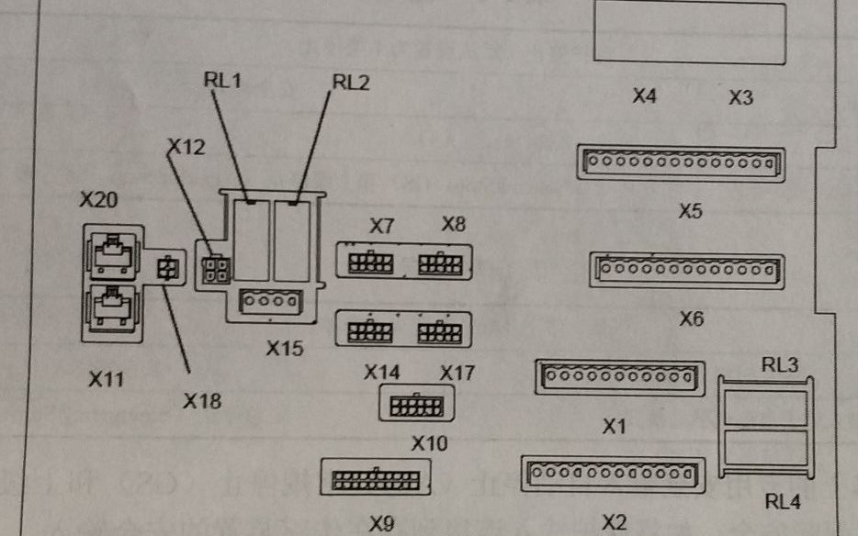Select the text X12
[x=186, y=146]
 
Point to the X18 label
[x=201, y=400]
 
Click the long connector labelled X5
[x=680, y=163]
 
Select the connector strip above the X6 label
[x=686, y=270]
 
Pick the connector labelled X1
[x=619, y=376]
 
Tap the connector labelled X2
[x=613, y=474]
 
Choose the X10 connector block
[x=416, y=405]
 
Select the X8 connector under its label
[x=439, y=264]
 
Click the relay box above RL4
[x=765, y=449]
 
